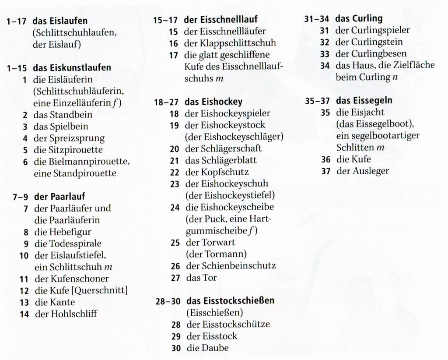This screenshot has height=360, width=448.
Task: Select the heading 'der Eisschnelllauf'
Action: pos(220,20)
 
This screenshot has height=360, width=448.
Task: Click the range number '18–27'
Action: pos(166,102)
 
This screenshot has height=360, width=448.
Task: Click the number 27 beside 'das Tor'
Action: pos(175,278)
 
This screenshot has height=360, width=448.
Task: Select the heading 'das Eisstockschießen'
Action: pos(230,301)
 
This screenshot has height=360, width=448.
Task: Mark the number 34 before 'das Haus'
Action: pos(324,66)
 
